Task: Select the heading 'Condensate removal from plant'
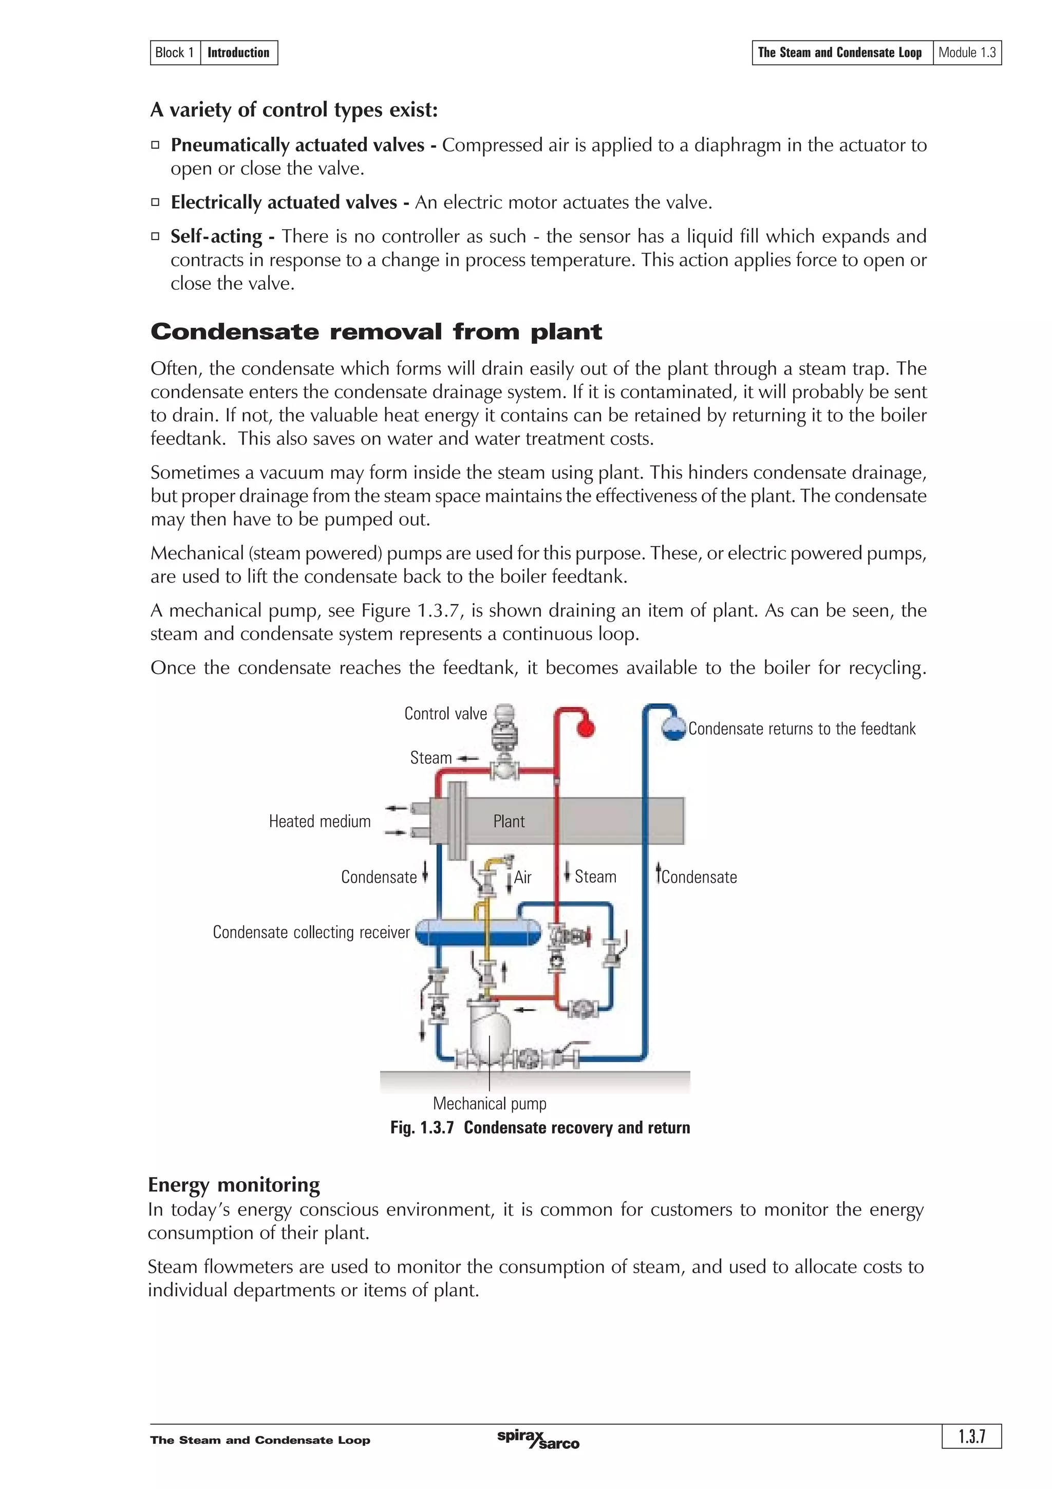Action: pos(376,332)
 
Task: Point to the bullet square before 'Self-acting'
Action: pos(156,237)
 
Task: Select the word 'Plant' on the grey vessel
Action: pos(509,821)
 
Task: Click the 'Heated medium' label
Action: pos(320,821)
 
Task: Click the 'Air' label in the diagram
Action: pos(522,878)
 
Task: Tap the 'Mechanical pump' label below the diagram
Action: pos(490,1103)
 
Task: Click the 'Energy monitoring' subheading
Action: pos(234,1185)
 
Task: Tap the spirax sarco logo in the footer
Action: pos(538,1440)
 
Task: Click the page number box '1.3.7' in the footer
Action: pos(972,1437)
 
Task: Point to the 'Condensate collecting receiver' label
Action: pos(311,932)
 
